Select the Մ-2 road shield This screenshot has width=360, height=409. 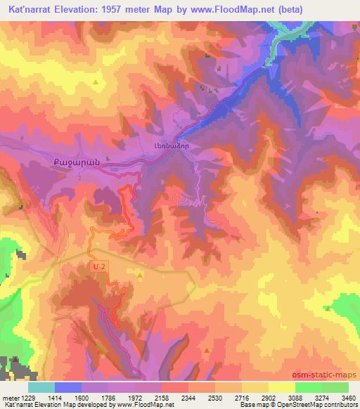point(99,266)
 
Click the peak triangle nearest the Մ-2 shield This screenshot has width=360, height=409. point(139,275)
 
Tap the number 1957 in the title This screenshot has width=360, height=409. point(133,10)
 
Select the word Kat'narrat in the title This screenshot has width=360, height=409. point(36,10)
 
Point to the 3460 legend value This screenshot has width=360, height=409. point(348,398)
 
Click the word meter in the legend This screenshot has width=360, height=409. point(8,398)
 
